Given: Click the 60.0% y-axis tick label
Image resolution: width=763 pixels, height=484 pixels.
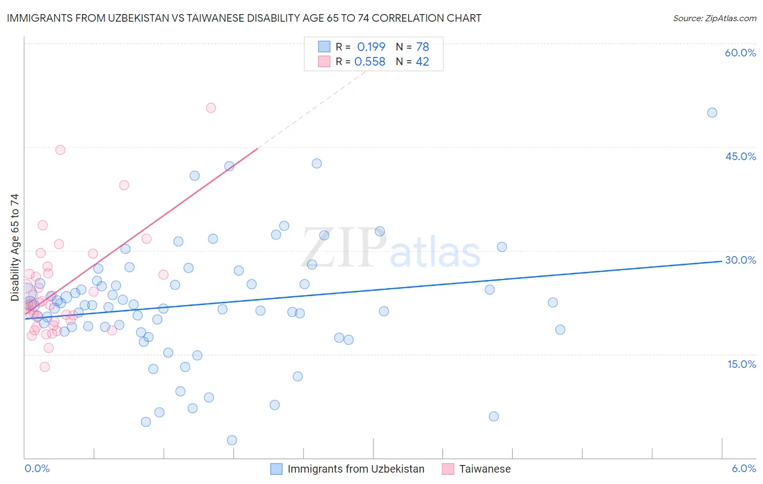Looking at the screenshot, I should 740,53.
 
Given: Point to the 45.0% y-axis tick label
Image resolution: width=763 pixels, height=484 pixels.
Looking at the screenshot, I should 740,156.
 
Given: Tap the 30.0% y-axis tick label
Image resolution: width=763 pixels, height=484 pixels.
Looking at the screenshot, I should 740,260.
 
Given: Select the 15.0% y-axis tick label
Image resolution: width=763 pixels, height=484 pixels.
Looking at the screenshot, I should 741,364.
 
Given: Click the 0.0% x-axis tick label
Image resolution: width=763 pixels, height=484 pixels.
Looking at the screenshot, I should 37,468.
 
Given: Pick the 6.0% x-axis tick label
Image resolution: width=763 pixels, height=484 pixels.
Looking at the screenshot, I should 743,468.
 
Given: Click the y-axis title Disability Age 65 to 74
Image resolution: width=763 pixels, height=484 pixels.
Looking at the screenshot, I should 15,247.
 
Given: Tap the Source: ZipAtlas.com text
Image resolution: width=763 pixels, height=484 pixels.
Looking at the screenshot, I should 714,18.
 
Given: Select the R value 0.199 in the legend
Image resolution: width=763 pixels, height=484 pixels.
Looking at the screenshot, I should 371,47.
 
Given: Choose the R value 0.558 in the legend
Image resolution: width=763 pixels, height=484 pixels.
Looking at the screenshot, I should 370,62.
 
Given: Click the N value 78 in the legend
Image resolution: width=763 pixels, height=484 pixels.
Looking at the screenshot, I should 422,47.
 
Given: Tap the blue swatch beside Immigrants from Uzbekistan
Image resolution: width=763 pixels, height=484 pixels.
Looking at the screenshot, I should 276,469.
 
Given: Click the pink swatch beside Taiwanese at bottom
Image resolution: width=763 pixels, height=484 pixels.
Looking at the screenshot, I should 448,469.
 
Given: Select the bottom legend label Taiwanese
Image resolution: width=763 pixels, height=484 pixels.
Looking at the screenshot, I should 485,469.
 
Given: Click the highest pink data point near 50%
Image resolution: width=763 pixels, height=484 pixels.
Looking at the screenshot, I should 211,108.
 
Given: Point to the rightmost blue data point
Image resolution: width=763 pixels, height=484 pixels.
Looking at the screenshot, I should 712,113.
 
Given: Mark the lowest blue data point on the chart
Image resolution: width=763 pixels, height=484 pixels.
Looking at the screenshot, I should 232,440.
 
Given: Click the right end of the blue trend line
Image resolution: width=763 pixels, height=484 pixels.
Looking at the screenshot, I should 722,261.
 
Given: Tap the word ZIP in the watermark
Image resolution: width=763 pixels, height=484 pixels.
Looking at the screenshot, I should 344,248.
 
